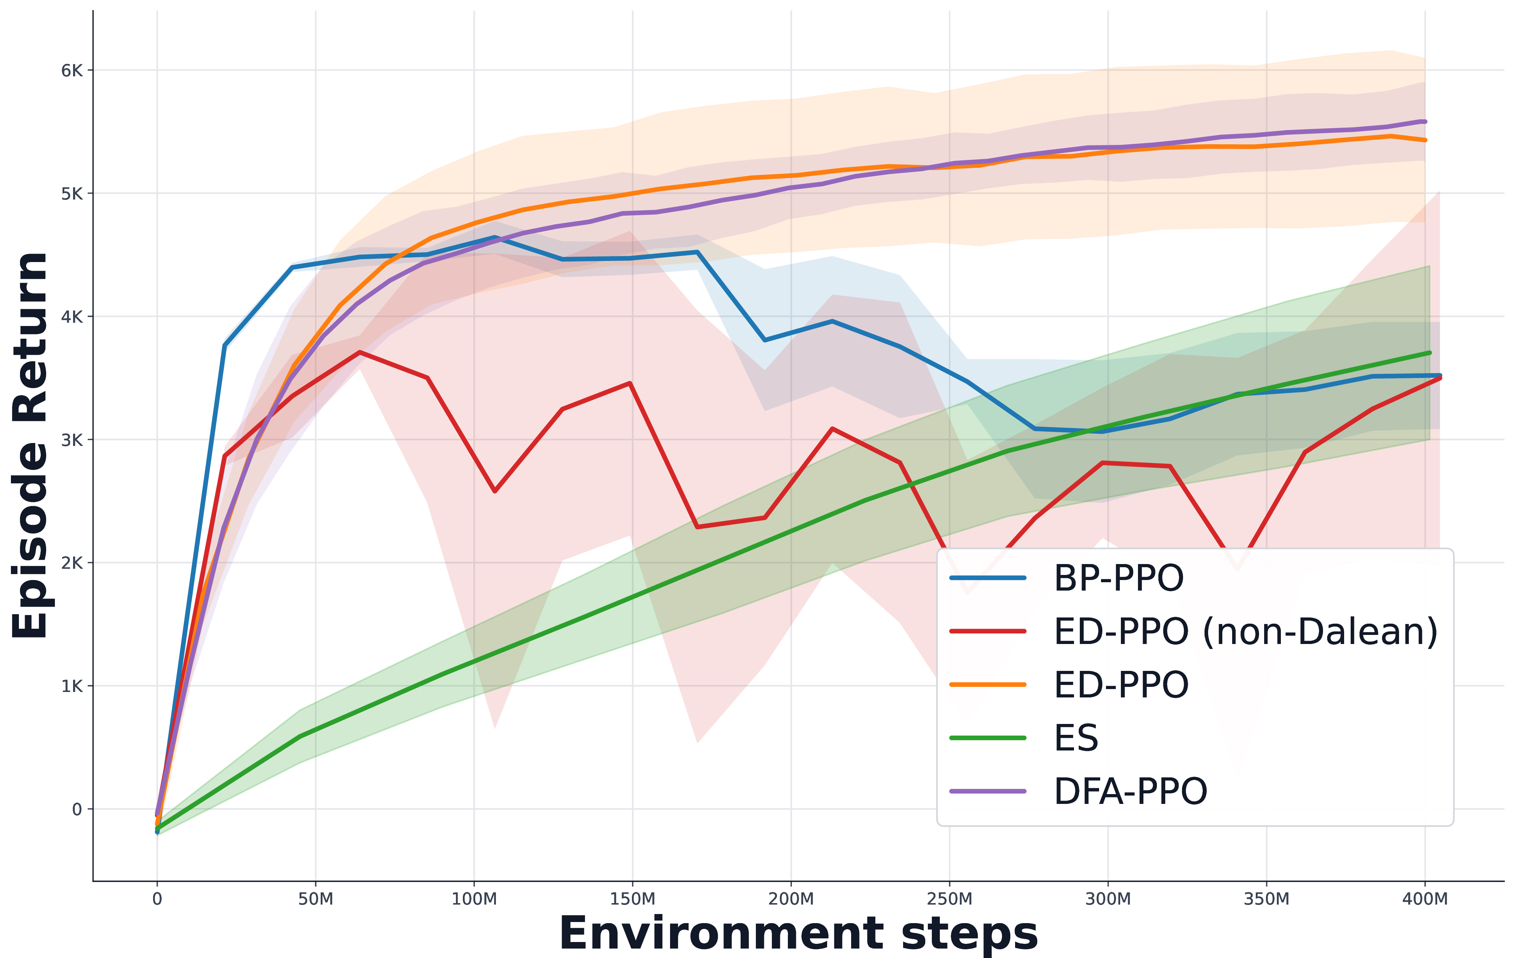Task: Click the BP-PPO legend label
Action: (1118, 578)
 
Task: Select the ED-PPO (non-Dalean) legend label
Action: (1246, 632)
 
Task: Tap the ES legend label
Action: (1076, 738)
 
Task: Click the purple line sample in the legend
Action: (988, 791)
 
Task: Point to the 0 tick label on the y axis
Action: (77, 809)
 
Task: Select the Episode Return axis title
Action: (30, 445)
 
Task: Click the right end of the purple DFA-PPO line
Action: (1426, 121)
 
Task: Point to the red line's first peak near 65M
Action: (359, 352)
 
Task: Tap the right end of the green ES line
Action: (1430, 353)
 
